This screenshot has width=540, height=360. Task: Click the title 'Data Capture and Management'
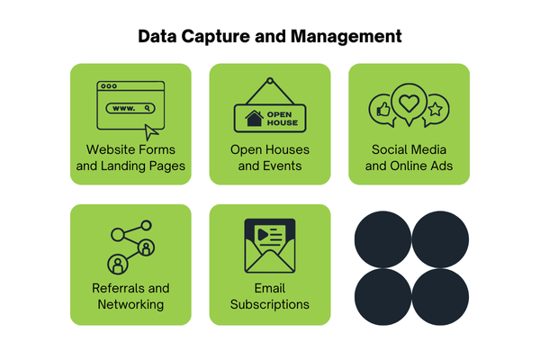[x=270, y=37]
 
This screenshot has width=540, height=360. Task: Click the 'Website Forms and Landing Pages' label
[x=130, y=157]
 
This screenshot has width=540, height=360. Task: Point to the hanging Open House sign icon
[x=270, y=108]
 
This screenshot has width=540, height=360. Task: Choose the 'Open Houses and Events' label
[x=270, y=157]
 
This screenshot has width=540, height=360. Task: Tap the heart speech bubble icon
[x=409, y=104]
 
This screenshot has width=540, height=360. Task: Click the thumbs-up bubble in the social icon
[x=382, y=111]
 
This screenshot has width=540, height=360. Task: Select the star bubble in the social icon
[x=436, y=111]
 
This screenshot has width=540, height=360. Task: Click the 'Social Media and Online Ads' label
[x=409, y=157]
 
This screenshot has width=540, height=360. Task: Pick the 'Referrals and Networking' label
[x=130, y=296]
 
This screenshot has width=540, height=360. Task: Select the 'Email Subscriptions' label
[x=270, y=296]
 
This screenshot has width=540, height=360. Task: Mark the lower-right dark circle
[x=440, y=296]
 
